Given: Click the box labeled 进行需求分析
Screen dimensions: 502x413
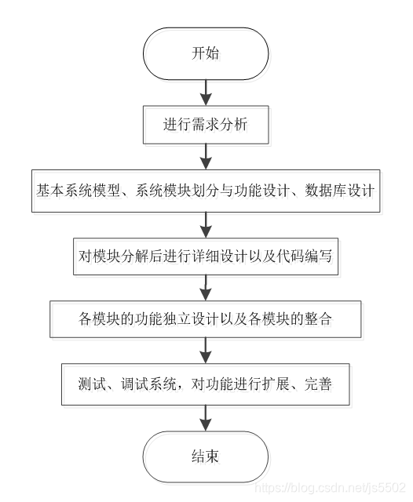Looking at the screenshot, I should [206, 124].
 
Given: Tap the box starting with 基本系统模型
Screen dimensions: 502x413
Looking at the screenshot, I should [206, 191].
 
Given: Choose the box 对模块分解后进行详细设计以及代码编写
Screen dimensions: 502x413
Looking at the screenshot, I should [206, 256].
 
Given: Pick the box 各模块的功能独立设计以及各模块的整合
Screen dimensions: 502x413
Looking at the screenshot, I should [206, 320].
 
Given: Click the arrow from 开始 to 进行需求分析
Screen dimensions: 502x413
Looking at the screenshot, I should [206, 92].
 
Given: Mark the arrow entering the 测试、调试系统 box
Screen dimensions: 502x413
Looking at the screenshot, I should [206, 353].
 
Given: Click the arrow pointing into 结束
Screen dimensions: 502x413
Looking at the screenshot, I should [206, 417].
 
